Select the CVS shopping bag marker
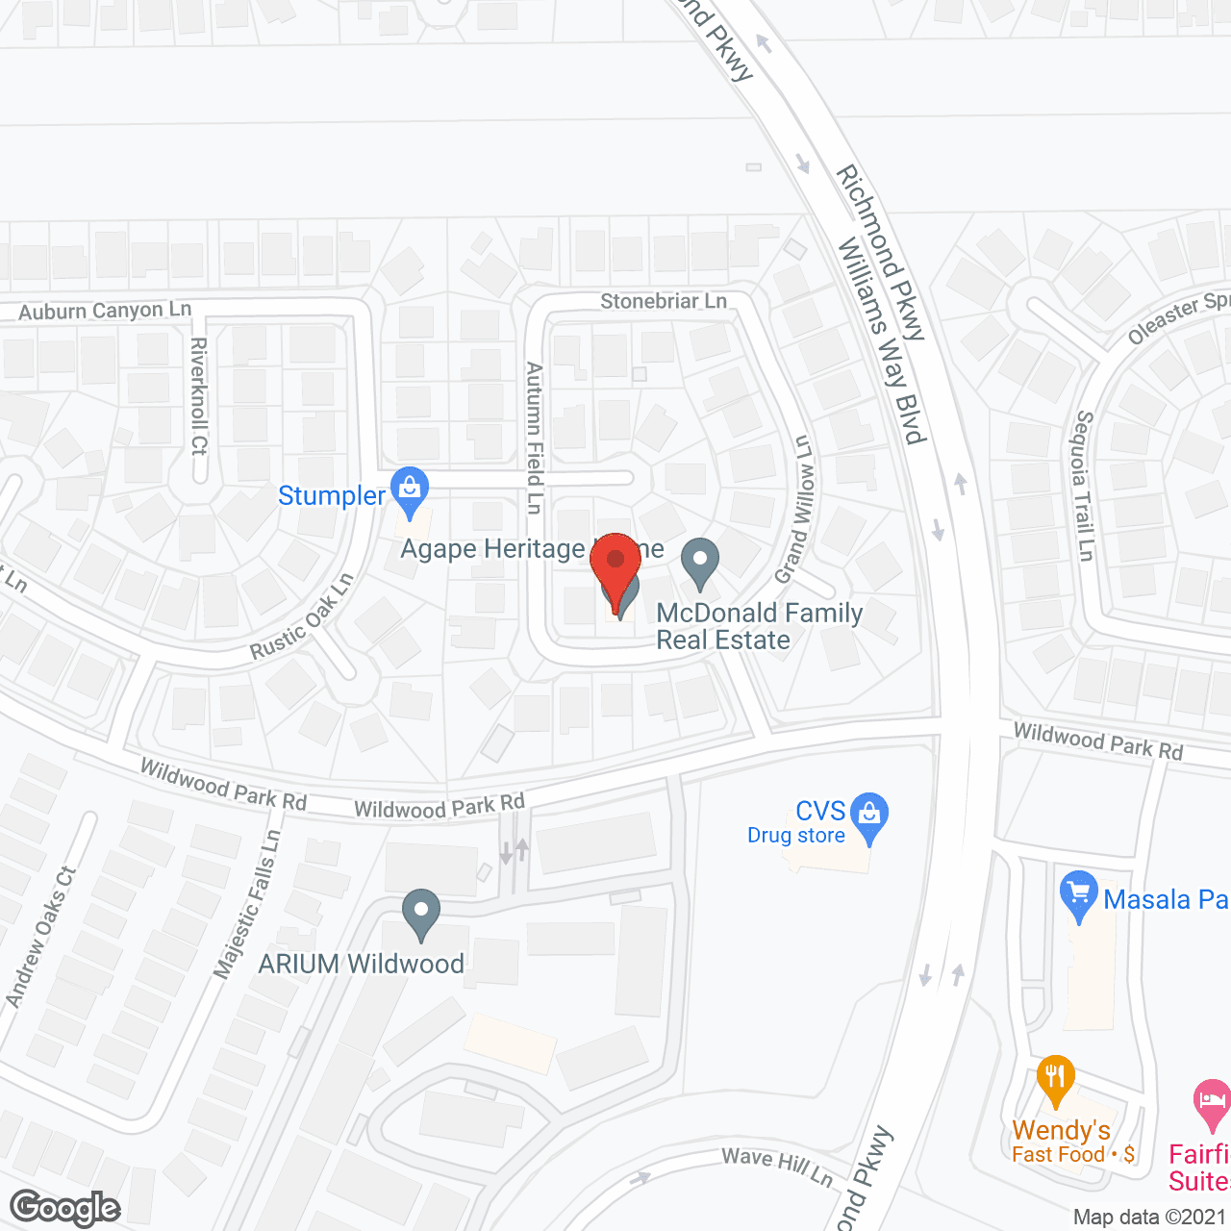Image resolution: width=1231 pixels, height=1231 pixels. (x=869, y=816)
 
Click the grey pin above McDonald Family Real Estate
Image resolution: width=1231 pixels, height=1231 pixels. (x=700, y=563)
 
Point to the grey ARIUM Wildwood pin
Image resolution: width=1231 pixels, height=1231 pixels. (x=420, y=914)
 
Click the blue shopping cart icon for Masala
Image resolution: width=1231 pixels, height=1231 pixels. (x=1078, y=894)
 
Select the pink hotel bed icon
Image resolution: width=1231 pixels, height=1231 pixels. (x=1211, y=1103)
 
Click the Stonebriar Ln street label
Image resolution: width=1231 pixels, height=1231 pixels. (x=664, y=301)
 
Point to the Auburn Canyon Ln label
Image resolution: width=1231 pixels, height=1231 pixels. (x=105, y=311)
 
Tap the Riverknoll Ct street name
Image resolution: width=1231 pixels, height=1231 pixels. (x=199, y=395)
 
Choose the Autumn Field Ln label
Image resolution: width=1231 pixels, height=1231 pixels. (x=535, y=438)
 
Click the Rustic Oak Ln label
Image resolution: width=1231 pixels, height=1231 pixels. (x=302, y=616)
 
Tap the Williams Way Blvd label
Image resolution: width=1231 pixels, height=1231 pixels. (x=881, y=341)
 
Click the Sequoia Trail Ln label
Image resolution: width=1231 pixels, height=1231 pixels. (x=1085, y=486)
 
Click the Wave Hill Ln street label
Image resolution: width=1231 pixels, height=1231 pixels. (x=777, y=1166)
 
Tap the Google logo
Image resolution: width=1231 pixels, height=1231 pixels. (x=65, y=1208)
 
